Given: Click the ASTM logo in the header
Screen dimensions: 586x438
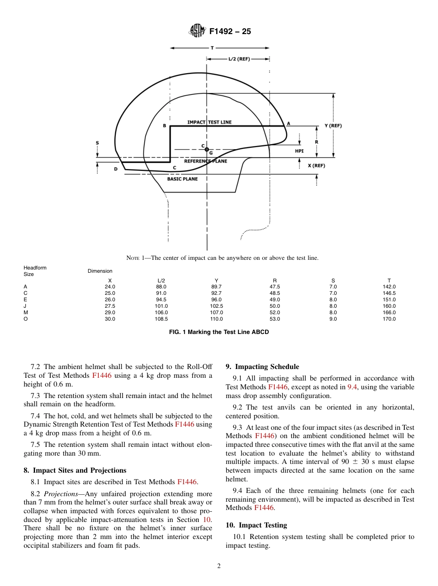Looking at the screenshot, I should point(197,31).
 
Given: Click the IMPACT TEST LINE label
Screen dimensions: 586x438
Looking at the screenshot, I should point(209,122).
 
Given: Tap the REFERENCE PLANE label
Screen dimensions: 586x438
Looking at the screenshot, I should point(206,161).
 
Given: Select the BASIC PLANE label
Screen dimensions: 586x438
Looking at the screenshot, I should point(182,179).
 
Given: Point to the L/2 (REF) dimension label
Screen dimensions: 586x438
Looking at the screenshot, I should point(239,59).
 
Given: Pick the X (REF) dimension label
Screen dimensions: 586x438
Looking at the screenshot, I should point(316,166).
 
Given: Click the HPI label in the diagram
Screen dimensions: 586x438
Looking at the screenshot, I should point(299,151).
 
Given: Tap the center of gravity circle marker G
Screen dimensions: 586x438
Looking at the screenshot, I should point(207,149).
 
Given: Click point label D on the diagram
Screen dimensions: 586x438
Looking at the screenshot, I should point(116,169).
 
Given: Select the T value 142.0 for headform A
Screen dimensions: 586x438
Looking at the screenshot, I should point(389,287).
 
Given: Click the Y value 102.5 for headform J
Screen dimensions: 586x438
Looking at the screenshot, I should point(216,306).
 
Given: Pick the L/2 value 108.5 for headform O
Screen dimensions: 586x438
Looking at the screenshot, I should point(161,319).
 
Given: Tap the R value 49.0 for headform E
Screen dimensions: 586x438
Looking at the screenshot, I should point(274,299).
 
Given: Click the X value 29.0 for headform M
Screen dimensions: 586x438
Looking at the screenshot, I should point(110,312).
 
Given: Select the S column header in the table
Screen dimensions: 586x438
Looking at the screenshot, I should point(333,281).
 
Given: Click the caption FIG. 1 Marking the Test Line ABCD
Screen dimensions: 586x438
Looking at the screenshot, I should point(219,332).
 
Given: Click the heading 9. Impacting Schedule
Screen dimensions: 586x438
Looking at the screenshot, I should point(262,367).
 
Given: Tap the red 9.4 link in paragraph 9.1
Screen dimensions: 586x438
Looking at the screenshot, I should point(353,387).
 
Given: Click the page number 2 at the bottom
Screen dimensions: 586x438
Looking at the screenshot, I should point(219,566).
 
